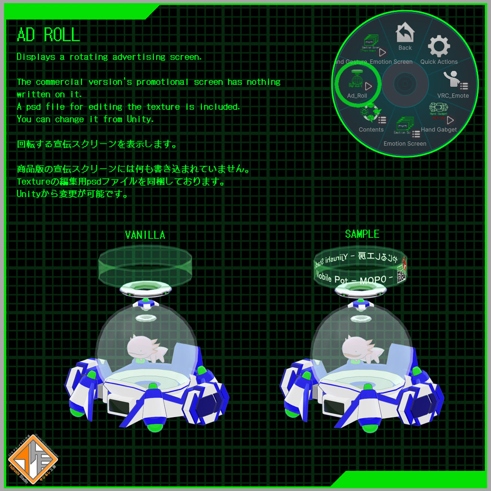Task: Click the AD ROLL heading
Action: [x=48, y=35]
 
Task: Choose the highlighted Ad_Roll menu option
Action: [x=357, y=83]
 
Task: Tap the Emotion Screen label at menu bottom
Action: [x=405, y=143]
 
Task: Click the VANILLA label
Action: [x=145, y=235]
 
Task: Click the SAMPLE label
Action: [x=362, y=234]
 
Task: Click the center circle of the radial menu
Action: [x=405, y=84]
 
